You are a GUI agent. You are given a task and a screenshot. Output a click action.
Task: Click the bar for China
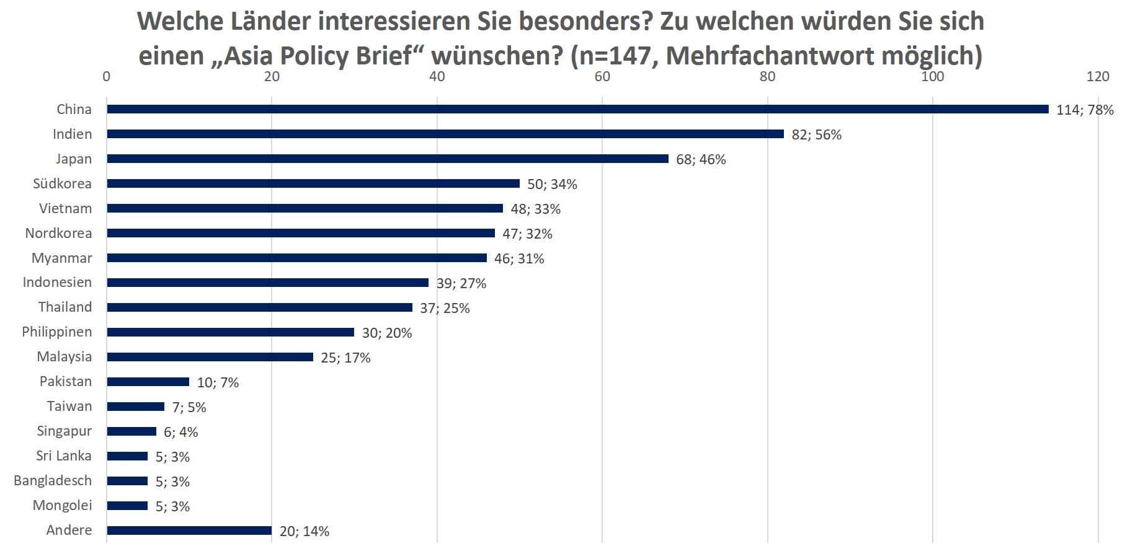(x=577, y=109)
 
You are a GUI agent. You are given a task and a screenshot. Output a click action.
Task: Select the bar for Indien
(x=445, y=134)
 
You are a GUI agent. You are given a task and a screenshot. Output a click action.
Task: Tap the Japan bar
(x=387, y=159)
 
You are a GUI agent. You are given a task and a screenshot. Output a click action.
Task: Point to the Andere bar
(x=189, y=530)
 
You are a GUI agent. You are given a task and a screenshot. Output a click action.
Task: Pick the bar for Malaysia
(x=210, y=357)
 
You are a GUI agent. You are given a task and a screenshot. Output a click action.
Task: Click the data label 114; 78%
(x=1085, y=110)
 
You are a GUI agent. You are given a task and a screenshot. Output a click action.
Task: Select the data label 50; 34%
(x=552, y=184)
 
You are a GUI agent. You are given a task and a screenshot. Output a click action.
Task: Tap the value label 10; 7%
(x=218, y=382)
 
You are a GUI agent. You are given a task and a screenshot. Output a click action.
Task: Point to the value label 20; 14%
(x=304, y=531)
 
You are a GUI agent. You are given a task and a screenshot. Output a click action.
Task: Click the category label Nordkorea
(x=58, y=233)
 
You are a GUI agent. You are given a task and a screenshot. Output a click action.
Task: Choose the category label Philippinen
(x=56, y=332)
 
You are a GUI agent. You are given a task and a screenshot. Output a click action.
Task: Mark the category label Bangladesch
(x=53, y=481)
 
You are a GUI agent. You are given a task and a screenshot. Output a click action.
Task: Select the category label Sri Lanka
(x=63, y=456)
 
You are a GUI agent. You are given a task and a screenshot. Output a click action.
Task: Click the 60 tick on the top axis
(x=602, y=76)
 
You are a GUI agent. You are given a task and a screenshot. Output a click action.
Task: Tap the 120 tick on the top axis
(x=1098, y=76)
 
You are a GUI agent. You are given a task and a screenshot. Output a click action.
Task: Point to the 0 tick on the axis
(x=107, y=76)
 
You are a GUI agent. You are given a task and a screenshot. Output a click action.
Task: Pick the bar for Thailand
(x=259, y=307)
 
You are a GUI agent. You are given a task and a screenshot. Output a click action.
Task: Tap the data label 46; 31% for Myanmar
(x=519, y=258)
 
